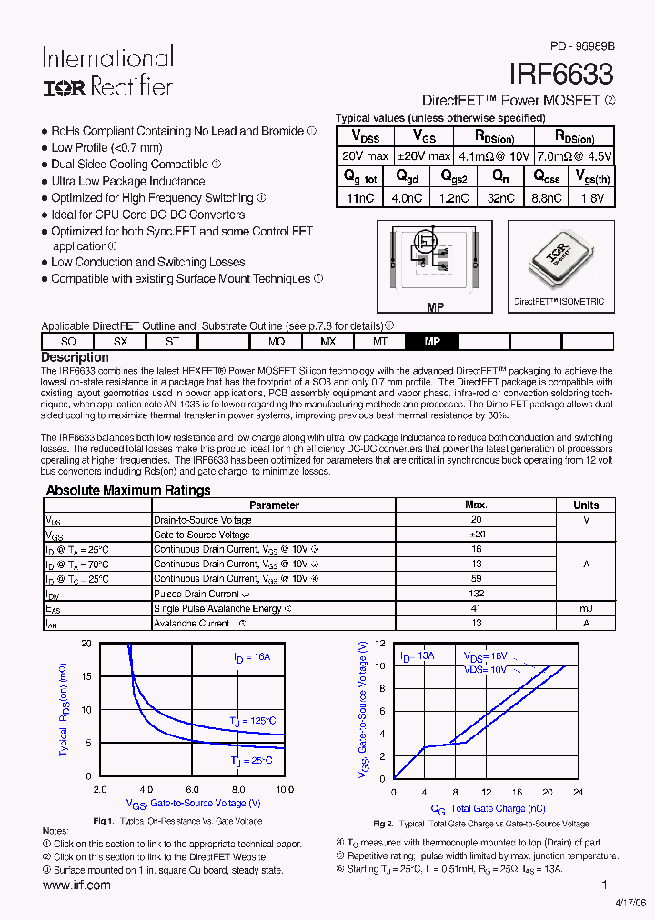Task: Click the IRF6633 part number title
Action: click(560, 74)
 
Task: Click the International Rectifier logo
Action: click(106, 73)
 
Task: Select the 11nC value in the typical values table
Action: click(360, 197)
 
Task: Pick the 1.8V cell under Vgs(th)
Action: click(591, 197)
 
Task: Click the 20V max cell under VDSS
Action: click(365, 156)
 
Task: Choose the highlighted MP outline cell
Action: click(432, 341)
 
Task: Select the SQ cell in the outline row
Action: click(67, 341)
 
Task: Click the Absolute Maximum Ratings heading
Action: click(128, 490)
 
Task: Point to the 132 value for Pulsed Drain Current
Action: click(476, 594)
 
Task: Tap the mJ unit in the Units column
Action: click(586, 608)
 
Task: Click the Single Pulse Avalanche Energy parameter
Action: click(222, 608)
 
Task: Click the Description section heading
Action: click(75, 357)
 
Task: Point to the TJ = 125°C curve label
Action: click(252, 721)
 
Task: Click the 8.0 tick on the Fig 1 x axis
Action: click(237, 790)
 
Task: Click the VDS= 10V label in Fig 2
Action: click(485, 669)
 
